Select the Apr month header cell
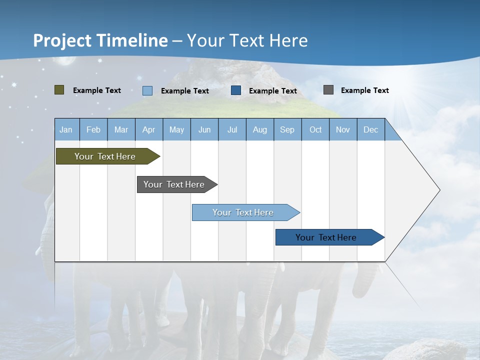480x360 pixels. tap(149, 129)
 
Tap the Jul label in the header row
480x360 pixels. tap(232, 130)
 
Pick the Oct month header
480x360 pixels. tap(315, 129)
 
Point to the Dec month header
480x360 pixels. tap(370, 129)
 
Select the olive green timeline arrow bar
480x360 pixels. tap(108, 156)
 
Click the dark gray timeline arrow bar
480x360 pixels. tap(177, 184)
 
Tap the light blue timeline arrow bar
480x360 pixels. tap(246, 212)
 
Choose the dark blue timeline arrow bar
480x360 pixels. tap(330, 237)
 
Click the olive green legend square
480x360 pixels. tap(59, 90)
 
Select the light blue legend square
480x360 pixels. tap(147, 91)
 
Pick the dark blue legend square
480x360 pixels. tap(236, 90)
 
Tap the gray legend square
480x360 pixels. tap(328, 90)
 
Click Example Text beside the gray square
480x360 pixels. tap(365, 90)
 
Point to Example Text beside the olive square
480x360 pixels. tap(97, 90)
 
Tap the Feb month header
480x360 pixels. tap(93, 130)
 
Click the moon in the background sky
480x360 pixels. tap(65, 60)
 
